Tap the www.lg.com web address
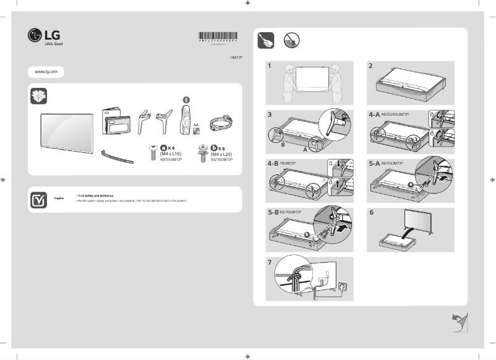click(46, 72)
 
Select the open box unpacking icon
click(38, 97)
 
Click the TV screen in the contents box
click(67, 131)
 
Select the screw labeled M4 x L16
click(151, 152)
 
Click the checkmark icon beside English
click(38, 199)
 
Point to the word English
click(59, 198)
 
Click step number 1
click(270, 65)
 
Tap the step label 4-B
click(273, 163)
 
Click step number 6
click(371, 212)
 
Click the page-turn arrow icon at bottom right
click(459, 322)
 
